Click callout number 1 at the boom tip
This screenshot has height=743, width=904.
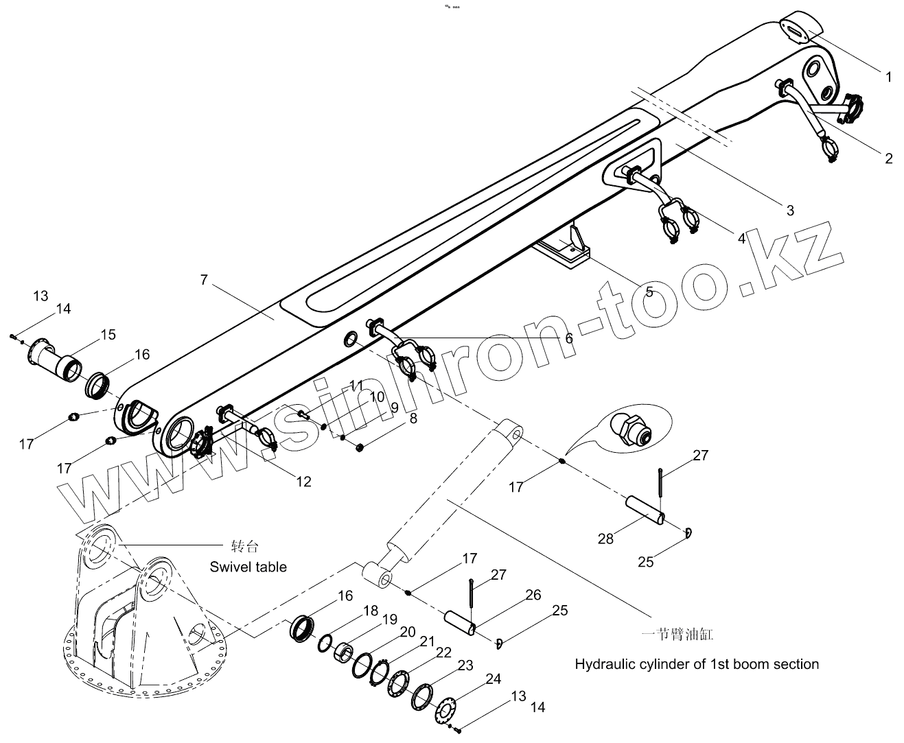click(x=889, y=77)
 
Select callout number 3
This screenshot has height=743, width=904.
click(x=790, y=210)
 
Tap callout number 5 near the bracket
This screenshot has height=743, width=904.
click(x=649, y=292)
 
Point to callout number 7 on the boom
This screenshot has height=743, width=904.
click(x=204, y=280)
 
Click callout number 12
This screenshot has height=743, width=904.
click(x=303, y=482)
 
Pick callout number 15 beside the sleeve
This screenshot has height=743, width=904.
click(x=108, y=335)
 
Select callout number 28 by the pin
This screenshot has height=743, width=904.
click(x=605, y=539)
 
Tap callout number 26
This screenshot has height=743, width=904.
click(x=533, y=595)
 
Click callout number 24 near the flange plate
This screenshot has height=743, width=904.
click(x=493, y=679)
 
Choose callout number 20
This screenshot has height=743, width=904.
click(x=408, y=632)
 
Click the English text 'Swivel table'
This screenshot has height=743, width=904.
click(x=248, y=567)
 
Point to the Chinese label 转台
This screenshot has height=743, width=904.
click(x=246, y=547)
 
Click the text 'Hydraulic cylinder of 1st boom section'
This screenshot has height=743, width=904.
click(x=697, y=664)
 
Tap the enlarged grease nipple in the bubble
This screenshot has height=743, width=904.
click(x=629, y=430)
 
